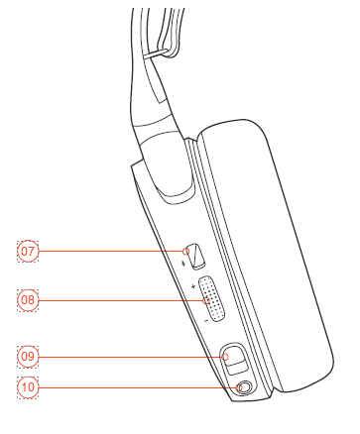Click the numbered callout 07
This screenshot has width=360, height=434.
click(28, 252)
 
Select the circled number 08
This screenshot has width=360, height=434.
click(28, 300)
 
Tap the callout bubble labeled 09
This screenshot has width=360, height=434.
click(28, 357)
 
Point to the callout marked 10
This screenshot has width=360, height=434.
click(28, 387)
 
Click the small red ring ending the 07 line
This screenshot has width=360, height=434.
click(186, 252)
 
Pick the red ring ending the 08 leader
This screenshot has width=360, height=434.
click(206, 300)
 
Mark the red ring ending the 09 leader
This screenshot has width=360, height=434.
click(225, 357)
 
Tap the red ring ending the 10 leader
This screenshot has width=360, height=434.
click(240, 387)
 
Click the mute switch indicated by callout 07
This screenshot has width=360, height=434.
click(196, 257)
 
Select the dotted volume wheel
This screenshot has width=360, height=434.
click(211, 299)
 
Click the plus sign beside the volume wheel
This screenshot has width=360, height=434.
click(193, 286)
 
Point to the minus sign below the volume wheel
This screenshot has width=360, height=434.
click(206, 320)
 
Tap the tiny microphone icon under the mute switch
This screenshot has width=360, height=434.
click(184, 264)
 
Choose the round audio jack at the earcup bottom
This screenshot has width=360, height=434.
click(245, 387)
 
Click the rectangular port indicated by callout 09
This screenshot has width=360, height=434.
click(234, 359)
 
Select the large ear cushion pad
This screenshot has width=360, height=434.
click(266, 256)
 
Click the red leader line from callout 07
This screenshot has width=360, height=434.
click(111, 252)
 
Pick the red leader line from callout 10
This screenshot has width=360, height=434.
click(138, 387)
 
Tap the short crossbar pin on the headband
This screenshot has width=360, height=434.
click(157, 54)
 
